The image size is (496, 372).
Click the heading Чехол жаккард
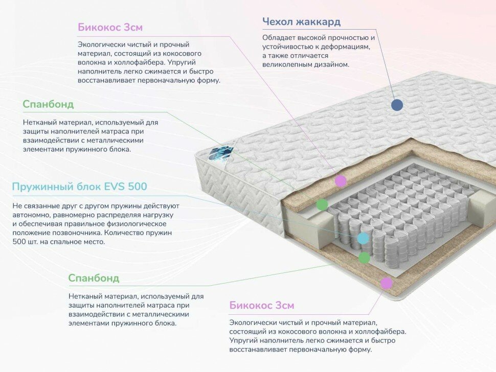(301, 22)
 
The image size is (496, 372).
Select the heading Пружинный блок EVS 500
(79, 187)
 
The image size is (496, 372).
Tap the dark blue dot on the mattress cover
(397, 105)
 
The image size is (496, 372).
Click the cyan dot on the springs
(363, 238)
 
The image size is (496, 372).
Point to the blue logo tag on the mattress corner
(219, 153)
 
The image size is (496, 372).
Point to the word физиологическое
(137, 224)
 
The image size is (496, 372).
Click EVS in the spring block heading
(114, 187)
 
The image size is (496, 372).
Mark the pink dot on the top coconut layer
(341, 180)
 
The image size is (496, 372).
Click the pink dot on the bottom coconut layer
(387, 283)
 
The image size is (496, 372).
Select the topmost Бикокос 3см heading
(110, 28)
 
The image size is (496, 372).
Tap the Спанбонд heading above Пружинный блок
(48, 104)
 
